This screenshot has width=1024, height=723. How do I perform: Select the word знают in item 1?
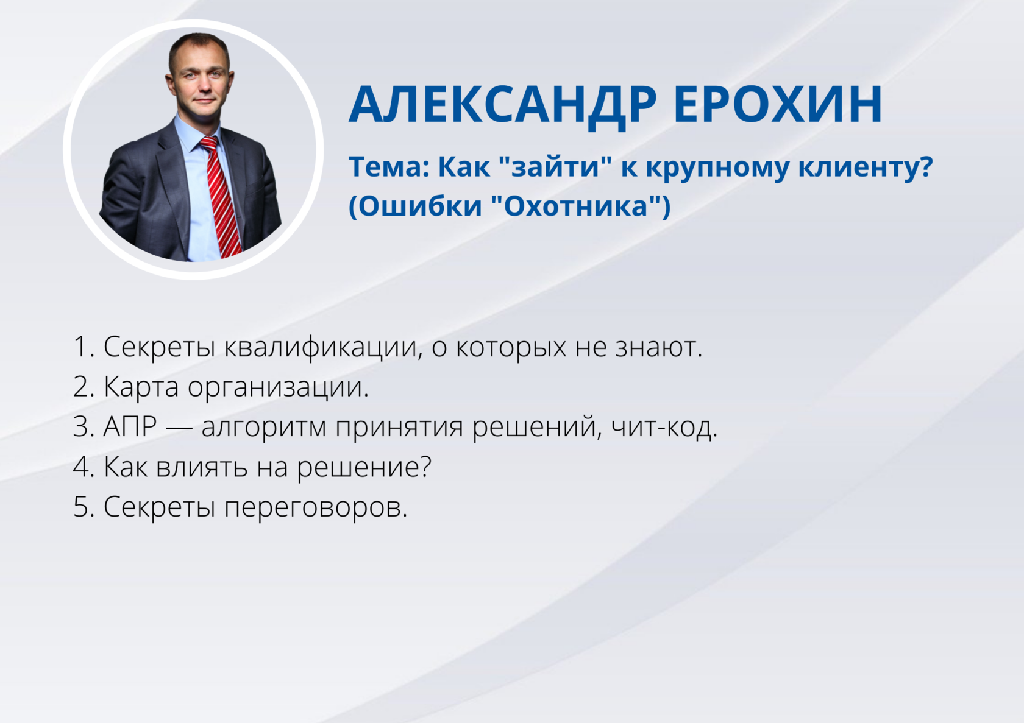click(x=658, y=348)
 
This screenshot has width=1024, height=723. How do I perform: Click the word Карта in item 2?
click(x=141, y=388)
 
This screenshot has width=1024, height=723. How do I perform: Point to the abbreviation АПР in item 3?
click(x=130, y=427)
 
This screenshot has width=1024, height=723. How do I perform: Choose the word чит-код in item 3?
click(x=664, y=428)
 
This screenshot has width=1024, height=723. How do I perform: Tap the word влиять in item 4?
click(x=202, y=467)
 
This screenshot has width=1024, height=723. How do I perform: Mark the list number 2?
click(x=83, y=387)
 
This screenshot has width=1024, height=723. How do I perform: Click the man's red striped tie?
click(x=220, y=196)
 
